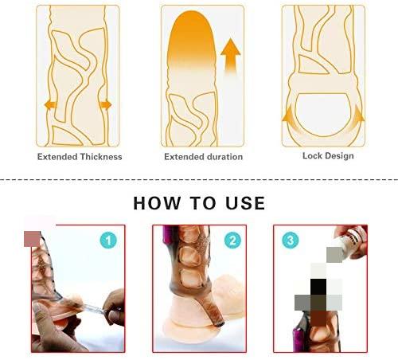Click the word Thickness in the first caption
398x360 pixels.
[96, 157]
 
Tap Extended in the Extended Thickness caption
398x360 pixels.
[58, 157]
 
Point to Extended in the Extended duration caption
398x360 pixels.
[183, 157]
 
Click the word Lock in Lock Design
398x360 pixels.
[314, 156]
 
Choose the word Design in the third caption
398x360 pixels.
[340, 156]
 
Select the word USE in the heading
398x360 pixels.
[244, 203]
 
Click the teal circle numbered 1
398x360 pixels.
[108, 239]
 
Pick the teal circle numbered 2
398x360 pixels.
[232, 239]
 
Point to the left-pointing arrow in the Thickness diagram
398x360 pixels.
[49, 104]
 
